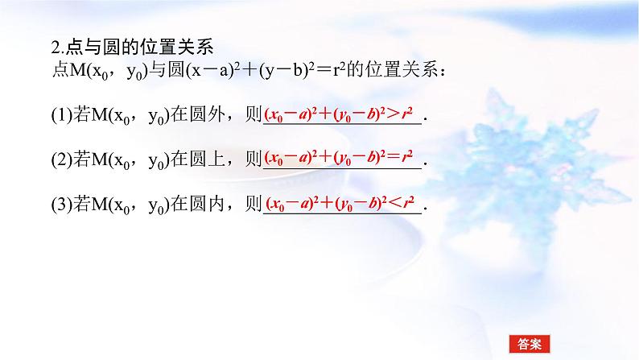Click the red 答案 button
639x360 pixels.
tap(530, 343)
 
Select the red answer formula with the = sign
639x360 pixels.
tap(341, 157)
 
